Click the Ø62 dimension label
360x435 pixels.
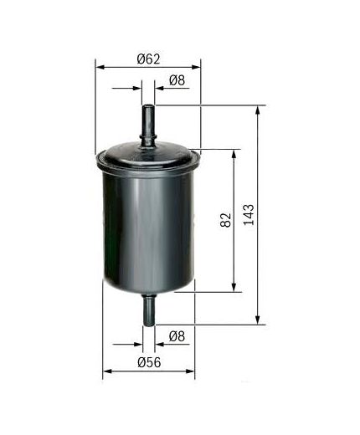pyautogui.click(x=147, y=59)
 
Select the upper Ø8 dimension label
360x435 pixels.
pyautogui.click(x=176, y=80)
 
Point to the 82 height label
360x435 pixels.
pyautogui.click(x=225, y=222)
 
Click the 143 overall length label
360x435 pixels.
pyautogui.click(x=248, y=214)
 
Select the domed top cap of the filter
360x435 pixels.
pyautogui.click(x=148, y=155)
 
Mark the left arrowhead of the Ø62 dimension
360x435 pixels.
pyautogui.click(x=99, y=64)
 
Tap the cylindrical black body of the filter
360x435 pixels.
pyautogui.click(x=148, y=226)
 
